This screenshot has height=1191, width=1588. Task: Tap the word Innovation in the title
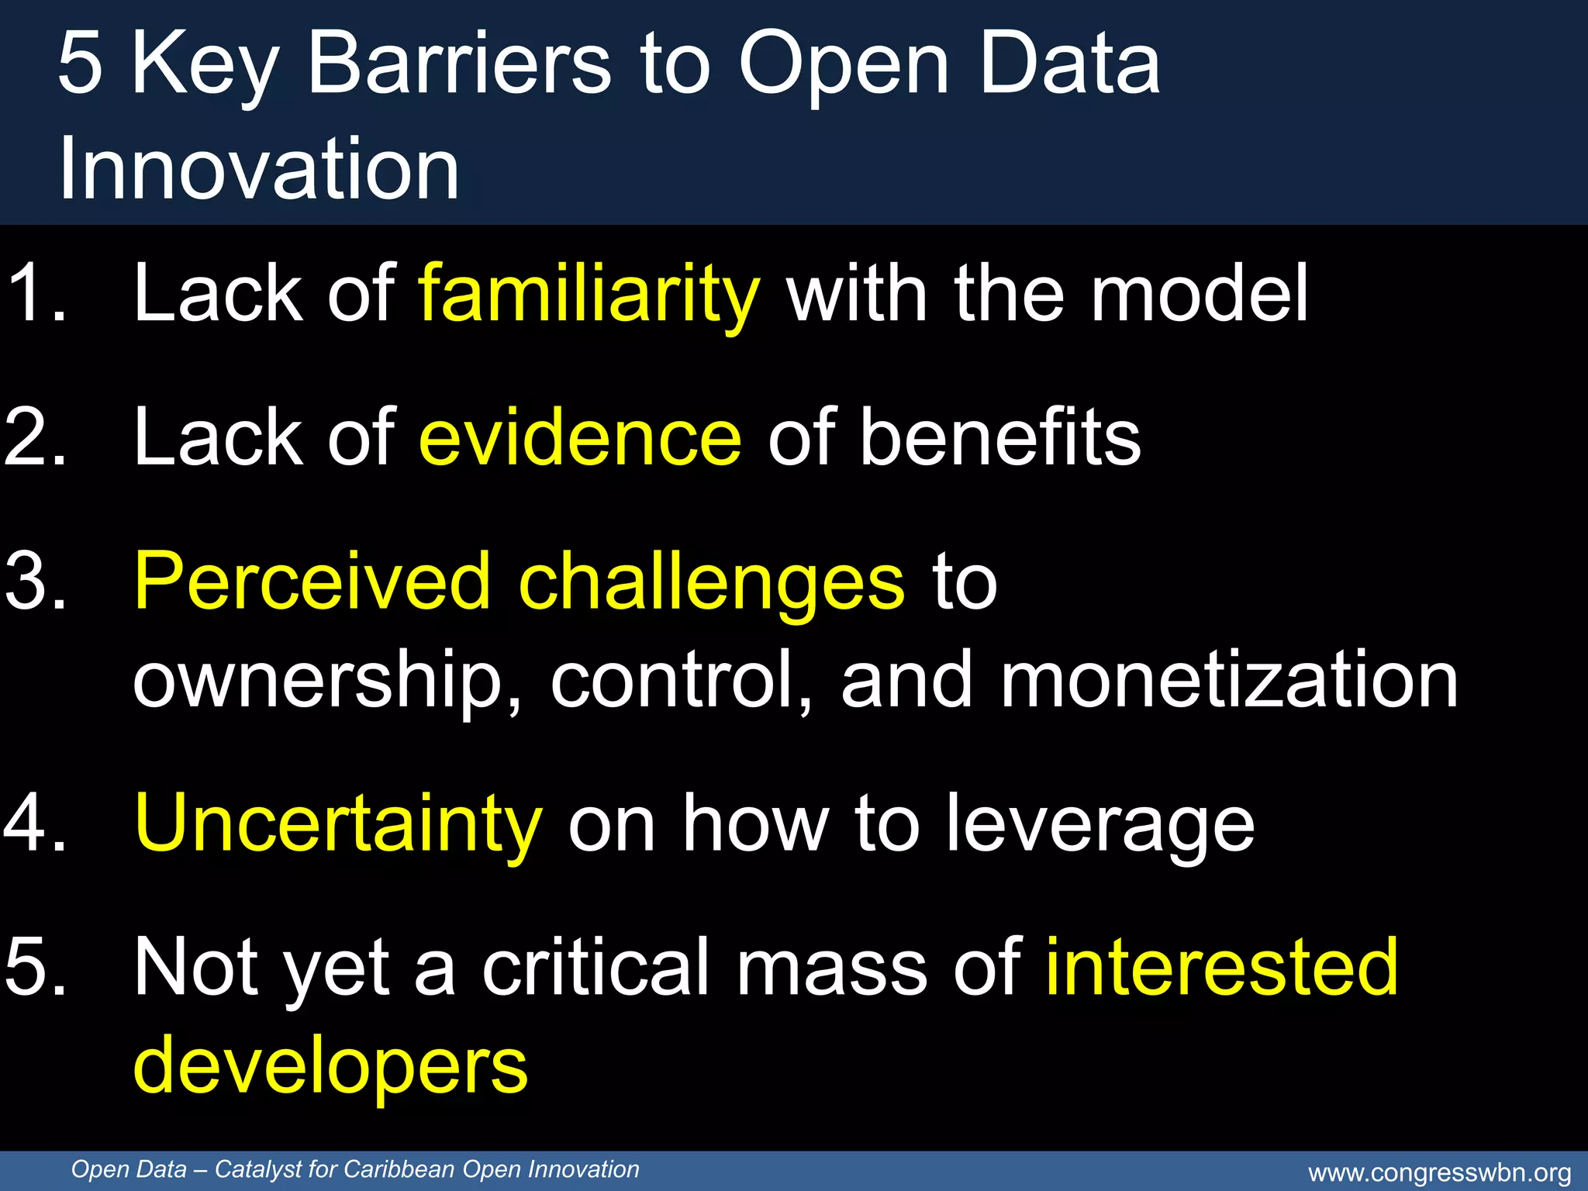[x=259, y=169]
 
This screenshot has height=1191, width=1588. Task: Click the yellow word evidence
[x=580, y=439]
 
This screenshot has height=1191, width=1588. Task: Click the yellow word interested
[x=1222, y=968]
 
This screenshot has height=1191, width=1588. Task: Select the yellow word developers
[x=330, y=1067]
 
